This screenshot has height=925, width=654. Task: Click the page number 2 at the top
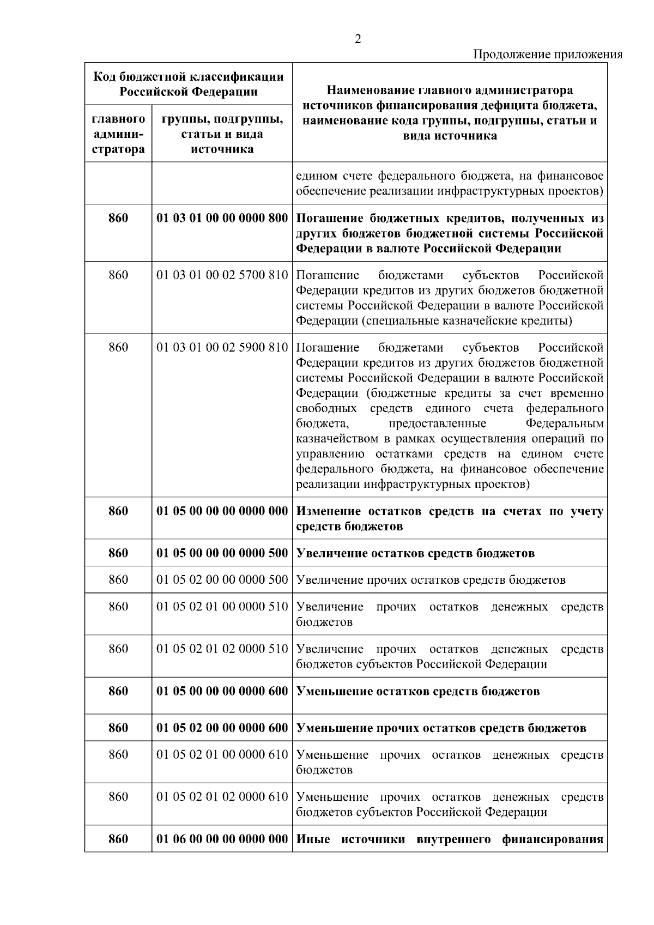358,39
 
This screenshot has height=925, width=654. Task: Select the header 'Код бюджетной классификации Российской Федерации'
189,84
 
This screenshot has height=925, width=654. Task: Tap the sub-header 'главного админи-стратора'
118,134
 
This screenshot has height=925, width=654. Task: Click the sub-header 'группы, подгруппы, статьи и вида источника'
222,134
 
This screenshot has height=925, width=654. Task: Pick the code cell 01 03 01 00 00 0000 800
222,219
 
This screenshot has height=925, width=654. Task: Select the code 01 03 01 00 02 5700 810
222,275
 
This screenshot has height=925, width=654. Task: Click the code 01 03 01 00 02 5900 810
222,348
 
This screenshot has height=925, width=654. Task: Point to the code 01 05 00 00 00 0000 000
222,511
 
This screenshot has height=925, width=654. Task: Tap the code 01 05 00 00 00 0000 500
222,553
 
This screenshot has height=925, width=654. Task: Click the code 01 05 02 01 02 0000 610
222,797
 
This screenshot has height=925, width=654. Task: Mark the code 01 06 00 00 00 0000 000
222,839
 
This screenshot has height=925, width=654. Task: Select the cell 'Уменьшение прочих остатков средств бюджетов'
441,728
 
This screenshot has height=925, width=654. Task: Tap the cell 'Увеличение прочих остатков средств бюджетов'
431,580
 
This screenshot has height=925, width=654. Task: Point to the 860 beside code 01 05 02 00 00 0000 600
118,728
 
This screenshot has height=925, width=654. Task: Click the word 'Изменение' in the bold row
328,511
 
